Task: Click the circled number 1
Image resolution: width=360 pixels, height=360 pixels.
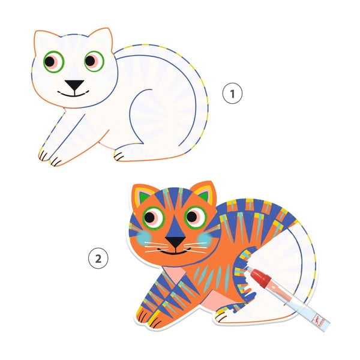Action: pyautogui.click(x=232, y=94)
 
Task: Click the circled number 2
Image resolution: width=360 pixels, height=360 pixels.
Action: pyautogui.click(x=98, y=258)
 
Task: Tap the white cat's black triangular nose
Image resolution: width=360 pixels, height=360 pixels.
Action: pyautogui.click(x=74, y=85)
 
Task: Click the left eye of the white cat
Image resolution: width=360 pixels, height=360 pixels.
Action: pyautogui.click(x=54, y=62)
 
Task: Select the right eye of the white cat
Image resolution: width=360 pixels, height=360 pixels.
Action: pyautogui.click(x=94, y=61)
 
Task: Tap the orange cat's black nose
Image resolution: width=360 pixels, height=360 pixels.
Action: pyautogui.click(x=176, y=241)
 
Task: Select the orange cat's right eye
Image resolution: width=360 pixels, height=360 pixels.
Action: pyautogui.click(x=196, y=217)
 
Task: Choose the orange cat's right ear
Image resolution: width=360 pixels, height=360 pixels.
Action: pyautogui.click(x=205, y=192)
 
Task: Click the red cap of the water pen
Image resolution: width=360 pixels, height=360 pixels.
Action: pyautogui.click(x=261, y=277)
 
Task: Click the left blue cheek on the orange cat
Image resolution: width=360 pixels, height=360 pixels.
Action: pyautogui.click(x=145, y=238)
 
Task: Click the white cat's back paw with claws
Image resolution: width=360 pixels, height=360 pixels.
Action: pyautogui.click(x=119, y=155)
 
